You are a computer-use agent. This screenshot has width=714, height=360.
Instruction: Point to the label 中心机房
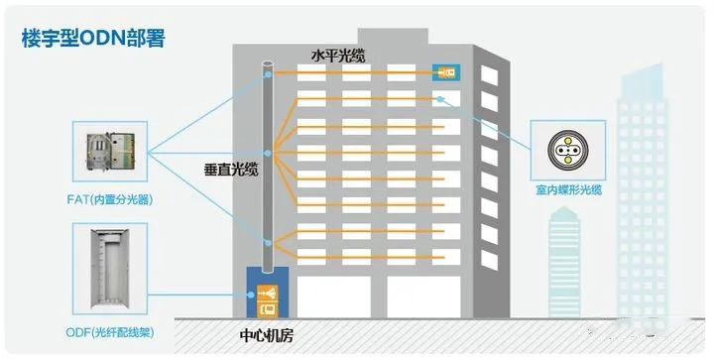click(270, 334)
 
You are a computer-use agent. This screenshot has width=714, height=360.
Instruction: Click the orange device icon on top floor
click(444, 72)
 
